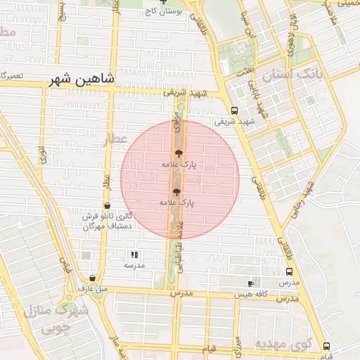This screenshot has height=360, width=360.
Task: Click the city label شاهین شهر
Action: pyautogui.click(x=82, y=79)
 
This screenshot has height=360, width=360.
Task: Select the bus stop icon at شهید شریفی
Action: pyautogui.click(x=235, y=110)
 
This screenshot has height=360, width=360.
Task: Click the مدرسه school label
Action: pyautogui.click(x=134, y=265)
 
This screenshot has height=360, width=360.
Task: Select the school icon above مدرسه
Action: pyautogui.click(x=134, y=255)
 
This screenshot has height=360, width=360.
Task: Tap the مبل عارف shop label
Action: pyautogui.click(x=92, y=288)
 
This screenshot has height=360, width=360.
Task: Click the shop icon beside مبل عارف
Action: pyautogui.click(x=93, y=278)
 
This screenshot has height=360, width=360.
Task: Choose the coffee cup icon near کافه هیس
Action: pyautogui.click(x=251, y=283)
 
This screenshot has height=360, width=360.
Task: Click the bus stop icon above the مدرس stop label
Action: pyautogui.click(x=289, y=272)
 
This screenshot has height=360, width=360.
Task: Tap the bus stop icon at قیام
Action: pyautogui.click(x=326, y=346)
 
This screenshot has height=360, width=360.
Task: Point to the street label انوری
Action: pyautogui.click(x=42, y=153)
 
